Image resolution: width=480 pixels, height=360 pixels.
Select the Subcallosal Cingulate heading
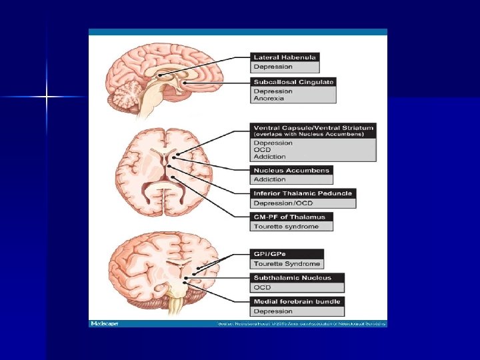(x=293, y=82)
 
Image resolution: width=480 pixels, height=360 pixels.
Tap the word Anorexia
(x=269, y=99)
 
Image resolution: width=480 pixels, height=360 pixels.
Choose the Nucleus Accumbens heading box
(x=291, y=170)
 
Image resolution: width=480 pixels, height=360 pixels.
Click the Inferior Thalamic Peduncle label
(x=303, y=193)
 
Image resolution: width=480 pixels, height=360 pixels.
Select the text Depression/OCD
(x=281, y=203)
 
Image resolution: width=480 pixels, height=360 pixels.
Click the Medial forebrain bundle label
(x=297, y=301)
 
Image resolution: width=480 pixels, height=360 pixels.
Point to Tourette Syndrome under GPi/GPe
(x=287, y=264)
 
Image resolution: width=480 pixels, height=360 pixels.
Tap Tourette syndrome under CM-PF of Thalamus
(x=286, y=227)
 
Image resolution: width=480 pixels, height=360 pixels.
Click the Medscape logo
(x=105, y=323)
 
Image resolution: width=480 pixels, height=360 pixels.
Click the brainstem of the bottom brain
(x=176, y=304)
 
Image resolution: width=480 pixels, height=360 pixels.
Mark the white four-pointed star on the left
(x=47, y=97)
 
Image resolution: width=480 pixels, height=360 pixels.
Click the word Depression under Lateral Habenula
(x=273, y=67)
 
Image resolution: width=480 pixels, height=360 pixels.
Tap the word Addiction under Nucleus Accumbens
(x=269, y=179)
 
